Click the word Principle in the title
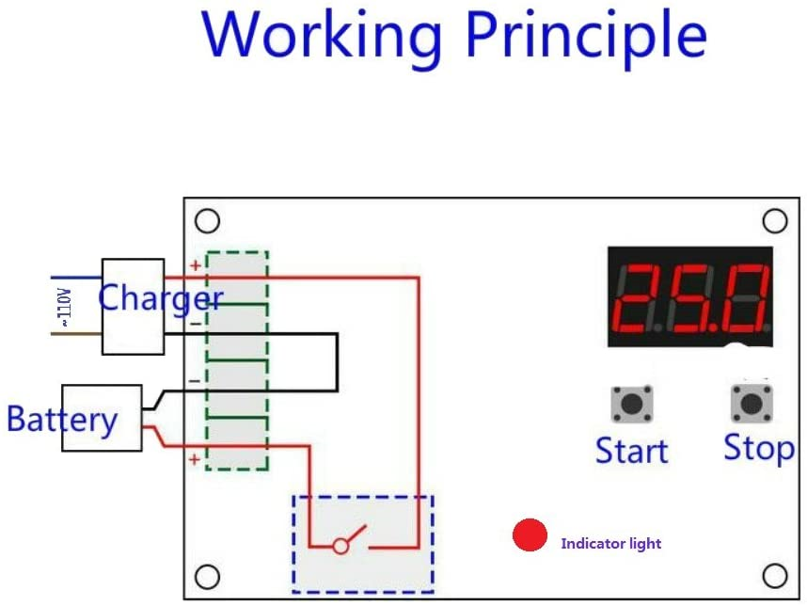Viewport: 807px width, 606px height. [586, 36]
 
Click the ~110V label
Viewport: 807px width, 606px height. [65, 307]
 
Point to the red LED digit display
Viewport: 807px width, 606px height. [690, 296]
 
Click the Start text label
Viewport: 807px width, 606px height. [631, 451]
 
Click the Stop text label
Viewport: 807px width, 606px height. [759, 448]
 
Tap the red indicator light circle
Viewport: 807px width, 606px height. [530, 534]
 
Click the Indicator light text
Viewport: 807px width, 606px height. [611, 544]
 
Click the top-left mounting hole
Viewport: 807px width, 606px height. [208, 221]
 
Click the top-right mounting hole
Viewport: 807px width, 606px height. [775, 221]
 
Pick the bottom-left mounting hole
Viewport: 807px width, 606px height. [208, 577]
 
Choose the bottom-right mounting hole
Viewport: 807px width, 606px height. [775, 576]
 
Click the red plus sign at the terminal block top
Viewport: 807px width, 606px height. [196, 265]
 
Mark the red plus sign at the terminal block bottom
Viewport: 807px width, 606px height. [195, 459]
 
